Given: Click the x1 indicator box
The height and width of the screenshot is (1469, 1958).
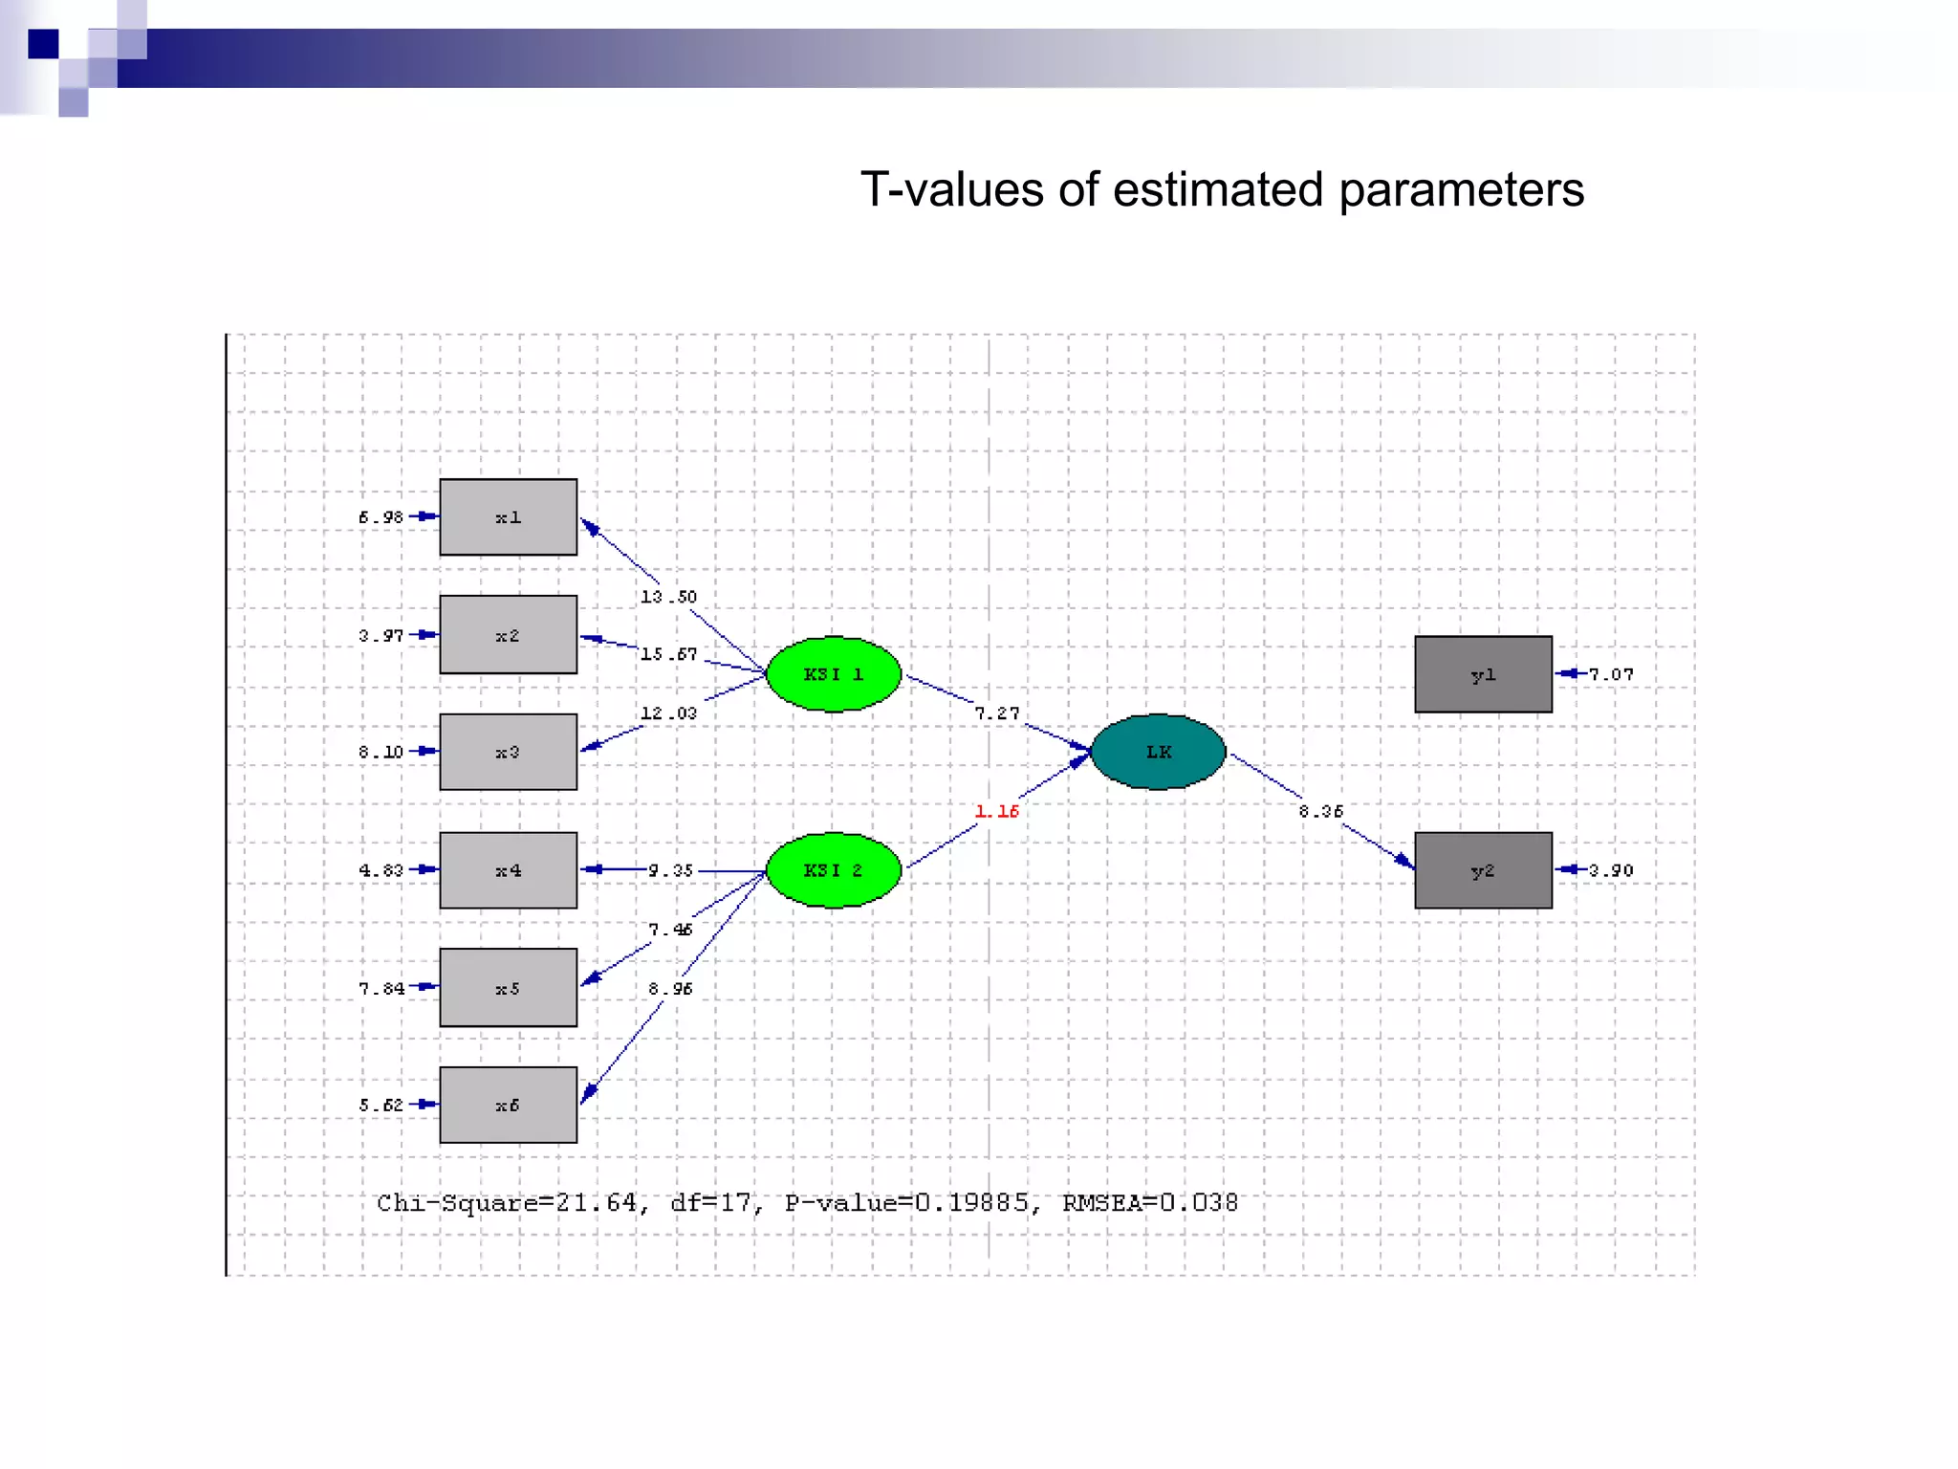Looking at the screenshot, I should (x=508, y=517).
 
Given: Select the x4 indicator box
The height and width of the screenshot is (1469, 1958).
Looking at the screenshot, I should (x=508, y=870).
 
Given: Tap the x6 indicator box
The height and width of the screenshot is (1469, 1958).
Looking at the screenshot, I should (x=508, y=1105).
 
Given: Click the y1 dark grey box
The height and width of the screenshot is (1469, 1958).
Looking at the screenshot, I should (x=1483, y=674).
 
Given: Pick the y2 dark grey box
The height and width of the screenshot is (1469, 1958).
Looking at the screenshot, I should (x=1483, y=870).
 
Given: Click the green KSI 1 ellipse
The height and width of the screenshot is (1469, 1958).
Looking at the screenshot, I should (x=834, y=674).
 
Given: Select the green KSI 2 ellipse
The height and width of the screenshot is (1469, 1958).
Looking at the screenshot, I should (x=834, y=870).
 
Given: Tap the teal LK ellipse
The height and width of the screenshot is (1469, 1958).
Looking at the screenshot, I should (x=1158, y=752).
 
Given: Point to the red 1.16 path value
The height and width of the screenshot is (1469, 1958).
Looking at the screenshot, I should (x=996, y=811).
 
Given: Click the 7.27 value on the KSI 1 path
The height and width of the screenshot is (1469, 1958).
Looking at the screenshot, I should (x=996, y=713).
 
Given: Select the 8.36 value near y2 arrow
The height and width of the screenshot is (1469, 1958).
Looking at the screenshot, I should (x=1320, y=811).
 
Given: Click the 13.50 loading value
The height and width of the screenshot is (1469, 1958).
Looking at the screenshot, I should (x=668, y=597).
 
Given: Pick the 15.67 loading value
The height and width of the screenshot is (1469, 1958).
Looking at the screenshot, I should (x=668, y=654).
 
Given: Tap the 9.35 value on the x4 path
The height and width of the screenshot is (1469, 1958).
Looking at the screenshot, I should (x=670, y=870).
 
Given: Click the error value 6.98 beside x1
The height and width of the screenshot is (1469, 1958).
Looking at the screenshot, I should (x=381, y=517).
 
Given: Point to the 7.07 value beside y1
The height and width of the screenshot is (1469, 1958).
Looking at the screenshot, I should (x=1611, y=674).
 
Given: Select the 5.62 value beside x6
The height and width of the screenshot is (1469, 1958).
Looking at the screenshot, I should (x=381, y=1105).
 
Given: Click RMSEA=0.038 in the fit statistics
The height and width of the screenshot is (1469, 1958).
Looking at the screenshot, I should (x=1149, y=1202).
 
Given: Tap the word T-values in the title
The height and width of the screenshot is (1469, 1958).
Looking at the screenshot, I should (x=951, y=189).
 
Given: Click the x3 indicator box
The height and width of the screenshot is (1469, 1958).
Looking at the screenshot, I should (x=508, y=752).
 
